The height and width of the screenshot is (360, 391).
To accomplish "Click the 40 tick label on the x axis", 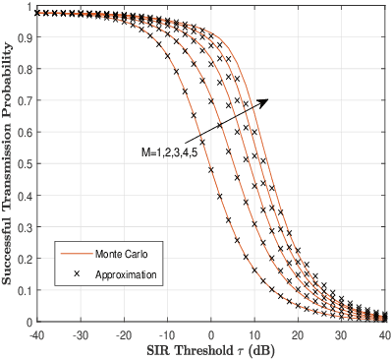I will tap(384, 334).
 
